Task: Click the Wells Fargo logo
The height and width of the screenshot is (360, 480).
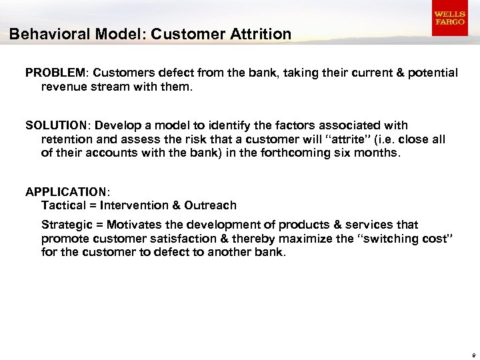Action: (449, 18)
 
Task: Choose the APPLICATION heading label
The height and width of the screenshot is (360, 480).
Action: (64, 192)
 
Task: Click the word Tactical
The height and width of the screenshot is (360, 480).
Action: (63, 205)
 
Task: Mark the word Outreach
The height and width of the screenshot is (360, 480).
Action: (212, 205)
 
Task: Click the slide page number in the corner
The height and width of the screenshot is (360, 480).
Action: (472, 355)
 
